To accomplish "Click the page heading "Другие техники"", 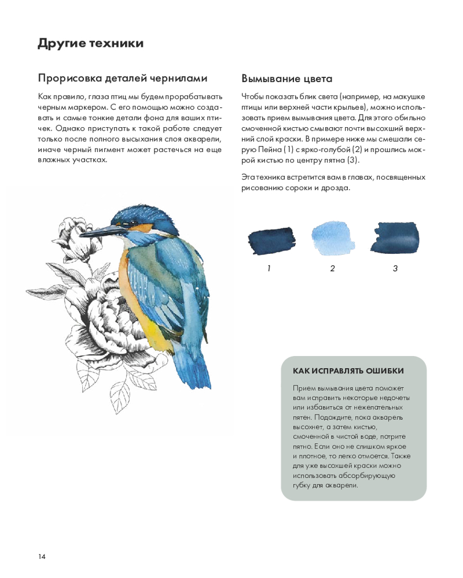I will (90, 43).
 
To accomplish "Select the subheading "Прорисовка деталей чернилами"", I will (123, 78).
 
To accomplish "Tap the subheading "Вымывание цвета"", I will (286, 79).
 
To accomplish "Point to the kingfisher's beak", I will (98, 231).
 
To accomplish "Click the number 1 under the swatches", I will (269, 268).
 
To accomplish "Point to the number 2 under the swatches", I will (332, 268).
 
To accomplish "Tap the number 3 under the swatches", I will (395, 268).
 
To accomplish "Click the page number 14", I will (42, 556).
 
